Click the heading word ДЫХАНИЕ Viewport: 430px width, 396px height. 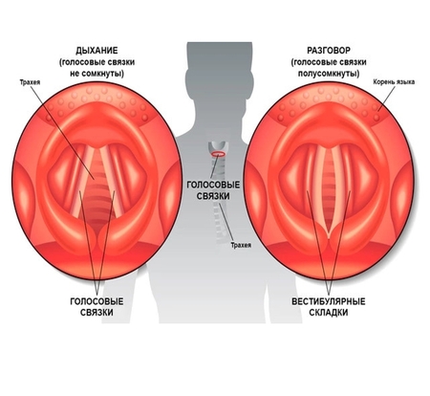click(x=97, y=51)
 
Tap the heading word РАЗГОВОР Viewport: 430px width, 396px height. click(x=329, y=51)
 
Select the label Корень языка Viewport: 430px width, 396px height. click(x=394, y=82)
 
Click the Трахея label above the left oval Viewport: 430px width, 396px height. click(x=30, y=82)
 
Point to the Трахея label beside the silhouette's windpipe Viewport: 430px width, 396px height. click(x=241, y=245)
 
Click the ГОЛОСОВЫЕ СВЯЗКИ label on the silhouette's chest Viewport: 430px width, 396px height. click(x=213, y=190)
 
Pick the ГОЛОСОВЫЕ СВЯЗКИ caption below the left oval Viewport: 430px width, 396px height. click(x=97, y=307)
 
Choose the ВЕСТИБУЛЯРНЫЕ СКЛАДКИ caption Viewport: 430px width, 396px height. click(x=329, y=307)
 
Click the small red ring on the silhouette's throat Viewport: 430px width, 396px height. click(x=218, y=154)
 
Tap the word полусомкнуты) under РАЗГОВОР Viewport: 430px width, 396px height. click(x=329, y=74)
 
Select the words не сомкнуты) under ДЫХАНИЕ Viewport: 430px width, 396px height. click(x=97, y=74)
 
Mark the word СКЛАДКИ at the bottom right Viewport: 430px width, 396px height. click(x=329, y=312)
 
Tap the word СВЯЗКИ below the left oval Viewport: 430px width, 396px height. click(x=97, y=312)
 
